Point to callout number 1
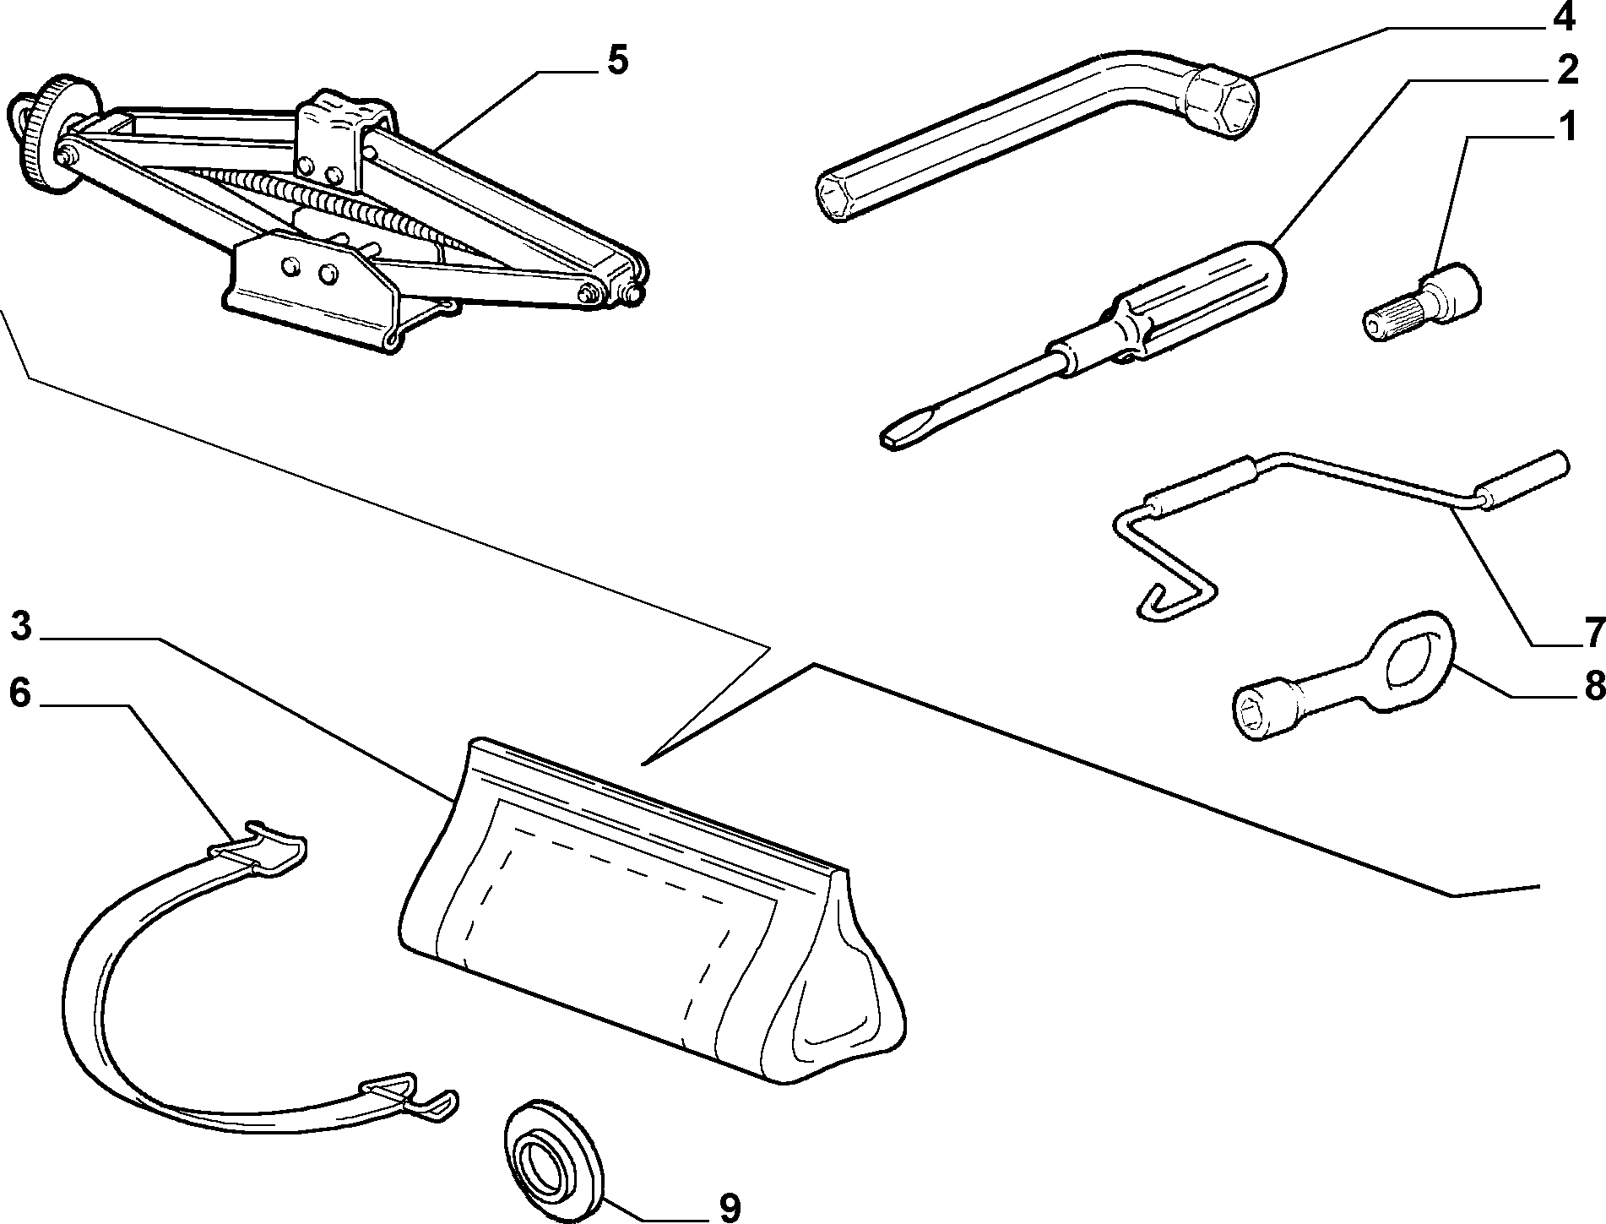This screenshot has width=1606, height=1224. [x=1566, y=128]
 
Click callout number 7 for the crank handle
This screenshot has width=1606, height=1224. [x=1591, y=631]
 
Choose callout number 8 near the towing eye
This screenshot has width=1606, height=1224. [x=1592, y=686]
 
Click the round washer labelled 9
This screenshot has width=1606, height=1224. [x=554, y=1152]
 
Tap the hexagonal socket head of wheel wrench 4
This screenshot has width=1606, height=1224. [x=1221, y=100]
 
